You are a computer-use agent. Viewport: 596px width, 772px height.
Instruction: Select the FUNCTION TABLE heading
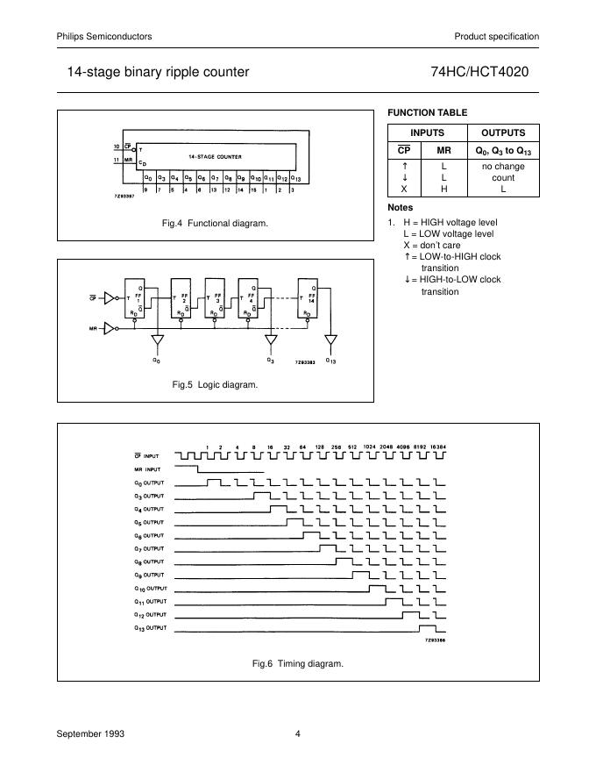[427, 112]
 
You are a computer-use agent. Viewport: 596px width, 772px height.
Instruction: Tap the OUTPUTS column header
[503, 132]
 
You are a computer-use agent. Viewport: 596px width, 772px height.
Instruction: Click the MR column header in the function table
[443, 150]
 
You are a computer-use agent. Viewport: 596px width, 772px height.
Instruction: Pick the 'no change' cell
[503, 165]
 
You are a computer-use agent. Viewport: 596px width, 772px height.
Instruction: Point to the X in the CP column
[404, 189]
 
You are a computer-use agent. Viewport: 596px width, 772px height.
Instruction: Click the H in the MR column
[443, 189]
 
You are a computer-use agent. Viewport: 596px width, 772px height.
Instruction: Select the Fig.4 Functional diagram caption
[216, 224]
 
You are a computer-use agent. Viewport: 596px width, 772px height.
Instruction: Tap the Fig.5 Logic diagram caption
[216, 384]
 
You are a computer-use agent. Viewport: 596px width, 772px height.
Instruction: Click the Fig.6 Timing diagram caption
[298, 663]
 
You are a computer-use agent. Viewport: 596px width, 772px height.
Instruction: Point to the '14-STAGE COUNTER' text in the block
[214, 156]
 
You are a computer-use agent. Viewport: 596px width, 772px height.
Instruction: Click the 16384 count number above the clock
[437, 447]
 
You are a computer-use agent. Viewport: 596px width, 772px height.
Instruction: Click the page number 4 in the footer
[298, 733]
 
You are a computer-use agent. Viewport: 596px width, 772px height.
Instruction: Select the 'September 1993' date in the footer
[86, 733]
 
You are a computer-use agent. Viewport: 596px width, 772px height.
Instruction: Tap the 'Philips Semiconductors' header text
[104, 36]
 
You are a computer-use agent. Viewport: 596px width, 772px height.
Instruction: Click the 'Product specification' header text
[496, 36]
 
